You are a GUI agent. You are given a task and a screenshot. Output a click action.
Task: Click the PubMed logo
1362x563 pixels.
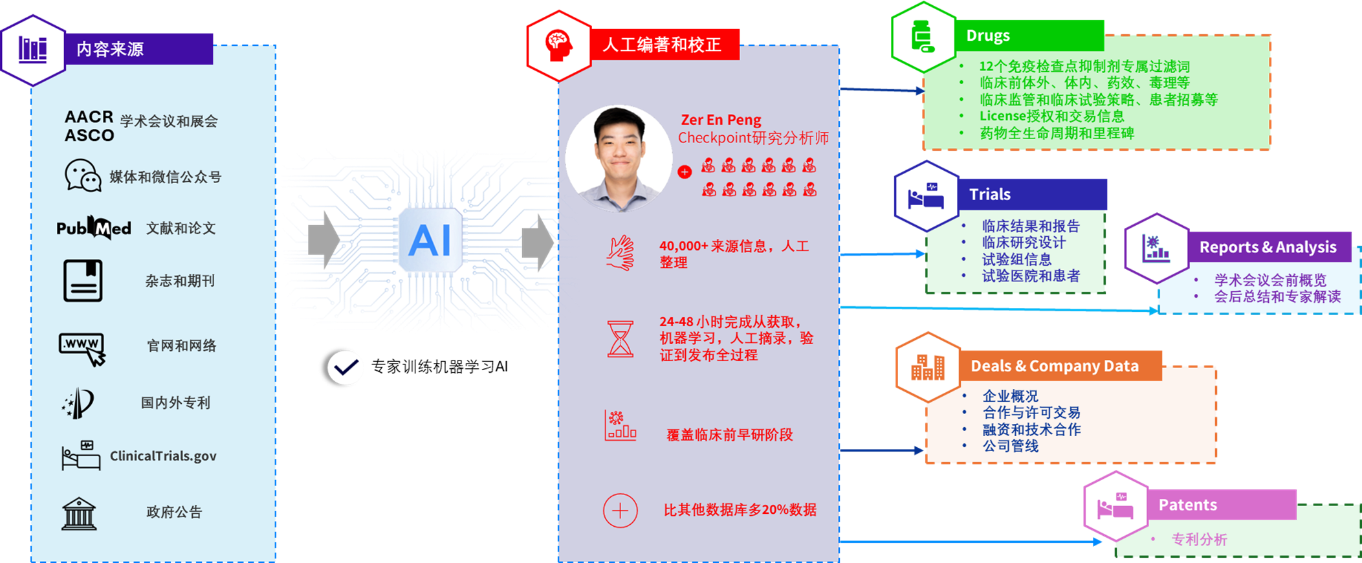pyautogui.click(x=94, y=228)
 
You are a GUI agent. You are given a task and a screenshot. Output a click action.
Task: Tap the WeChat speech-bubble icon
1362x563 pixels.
pyautogui.click(x=83, y=176)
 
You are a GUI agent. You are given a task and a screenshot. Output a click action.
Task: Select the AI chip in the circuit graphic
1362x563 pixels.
pyautogui.click(x=430, y=240)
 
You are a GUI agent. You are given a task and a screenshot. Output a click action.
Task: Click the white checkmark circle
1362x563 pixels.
pyautogui.click(x=346, y=368)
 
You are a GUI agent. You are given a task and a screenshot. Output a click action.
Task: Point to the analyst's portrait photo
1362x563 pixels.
pyautogui.click(x=618, y=159)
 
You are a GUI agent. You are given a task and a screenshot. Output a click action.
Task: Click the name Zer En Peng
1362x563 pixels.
pyautogui.click(x=721, y=120)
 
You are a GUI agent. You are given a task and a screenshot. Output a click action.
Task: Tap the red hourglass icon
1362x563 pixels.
pyautogui.click(x=620, y=338)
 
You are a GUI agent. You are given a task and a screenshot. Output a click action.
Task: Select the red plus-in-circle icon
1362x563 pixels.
pyautogui.click(x=620, y=511)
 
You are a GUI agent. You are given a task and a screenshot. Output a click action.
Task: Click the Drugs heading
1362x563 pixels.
pyautogui.click(x=987, y=36)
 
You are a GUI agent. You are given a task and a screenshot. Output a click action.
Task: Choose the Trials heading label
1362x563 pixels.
pyautogui.click(x=989, y=194)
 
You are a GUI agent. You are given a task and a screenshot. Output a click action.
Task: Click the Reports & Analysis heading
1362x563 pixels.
pyautogui.click(x=1268, y=247)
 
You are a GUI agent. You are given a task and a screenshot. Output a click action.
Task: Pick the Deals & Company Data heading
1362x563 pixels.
pyautogui.click(x=1054, y=366)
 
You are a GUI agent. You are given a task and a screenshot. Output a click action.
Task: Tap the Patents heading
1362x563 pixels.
pyautogui.click(x=1187, y=505)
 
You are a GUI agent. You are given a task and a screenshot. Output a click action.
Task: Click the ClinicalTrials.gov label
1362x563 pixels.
pyautogui.click(x=163, y=456)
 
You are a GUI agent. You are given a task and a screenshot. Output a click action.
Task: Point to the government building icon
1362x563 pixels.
pyautogui.click(x=79, y=514)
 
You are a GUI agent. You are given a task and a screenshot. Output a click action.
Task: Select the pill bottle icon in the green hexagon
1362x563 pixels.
pyautogui.click(x=923, y=36)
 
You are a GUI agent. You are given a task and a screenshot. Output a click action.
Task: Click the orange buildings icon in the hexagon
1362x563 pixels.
pyautogui.click(x=928, y=367)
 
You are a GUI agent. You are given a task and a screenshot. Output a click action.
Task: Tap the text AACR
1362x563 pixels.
pyautogui.click(x=89, y=117)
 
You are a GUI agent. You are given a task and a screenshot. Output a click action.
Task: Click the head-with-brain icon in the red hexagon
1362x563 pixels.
pyautogui.click(x=559, y=45)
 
